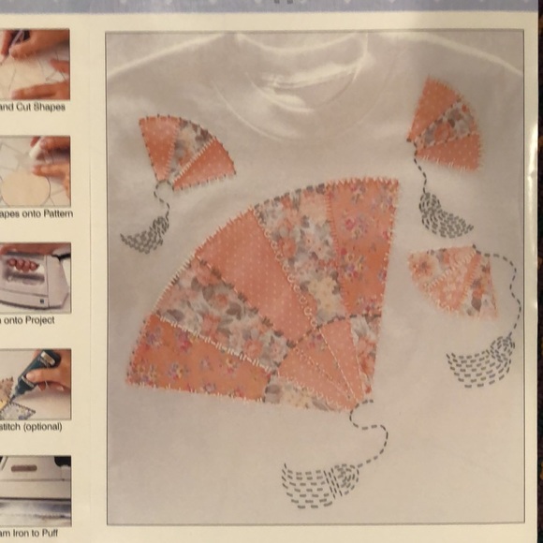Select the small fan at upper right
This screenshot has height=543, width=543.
(x=444, y=126)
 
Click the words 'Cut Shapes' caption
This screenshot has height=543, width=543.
(x=34, y=107)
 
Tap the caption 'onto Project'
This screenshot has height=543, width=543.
(x=34, y=320)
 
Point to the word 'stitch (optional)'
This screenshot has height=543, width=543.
(x=32, y=427)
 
